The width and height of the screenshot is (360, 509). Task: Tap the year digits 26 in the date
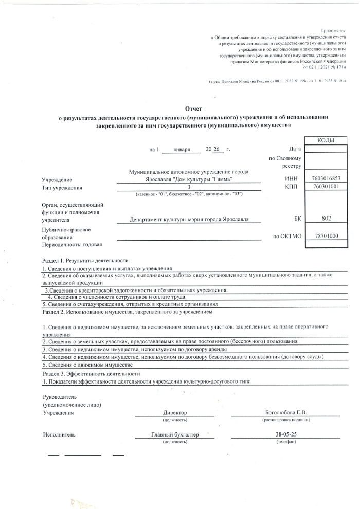tap(217, 149)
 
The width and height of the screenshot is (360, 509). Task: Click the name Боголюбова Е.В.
tap(285, 413)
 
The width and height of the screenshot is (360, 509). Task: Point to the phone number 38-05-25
tap(285, 434)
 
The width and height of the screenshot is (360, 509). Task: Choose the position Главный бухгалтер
tap(175, 434)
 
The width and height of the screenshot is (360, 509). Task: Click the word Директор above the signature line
tap(175, 413)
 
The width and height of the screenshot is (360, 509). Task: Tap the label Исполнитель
tap(59, 434)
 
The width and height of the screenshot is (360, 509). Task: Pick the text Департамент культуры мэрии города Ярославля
tap(189, 220)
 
